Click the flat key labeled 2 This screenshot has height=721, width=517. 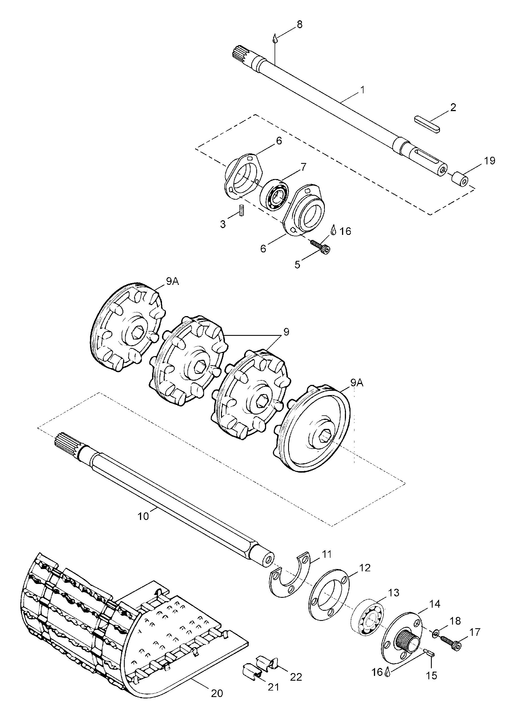click(x=427, y=124)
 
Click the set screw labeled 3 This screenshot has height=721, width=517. click(x=241, y=210)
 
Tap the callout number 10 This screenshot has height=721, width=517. click(x=143, y=516)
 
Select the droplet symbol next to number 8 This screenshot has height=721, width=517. click(x=275, y=39)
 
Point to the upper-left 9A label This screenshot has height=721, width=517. click(x=172, y=281)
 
